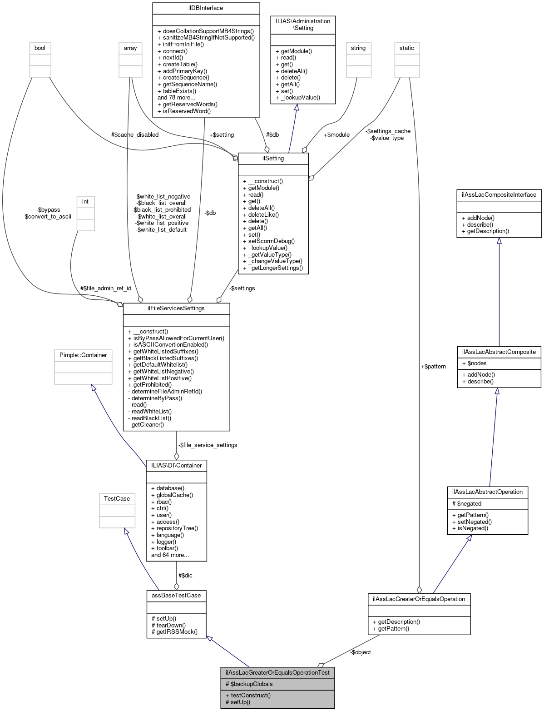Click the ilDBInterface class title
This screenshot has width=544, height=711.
206,8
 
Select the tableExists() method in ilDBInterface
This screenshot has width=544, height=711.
177,91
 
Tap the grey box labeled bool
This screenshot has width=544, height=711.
40,48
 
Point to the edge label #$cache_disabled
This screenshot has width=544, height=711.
135,134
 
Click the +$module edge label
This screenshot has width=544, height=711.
336,134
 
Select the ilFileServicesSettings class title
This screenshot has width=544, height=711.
176,308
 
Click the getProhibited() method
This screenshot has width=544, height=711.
149,384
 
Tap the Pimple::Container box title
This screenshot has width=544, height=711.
83,355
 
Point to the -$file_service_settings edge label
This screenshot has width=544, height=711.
208,445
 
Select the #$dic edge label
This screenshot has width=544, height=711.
185,575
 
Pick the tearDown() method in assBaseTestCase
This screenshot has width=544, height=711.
168,625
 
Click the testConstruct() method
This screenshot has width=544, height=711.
248,695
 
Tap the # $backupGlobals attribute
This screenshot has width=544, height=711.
249,684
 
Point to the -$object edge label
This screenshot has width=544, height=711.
361,652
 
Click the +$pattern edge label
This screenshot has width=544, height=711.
433,366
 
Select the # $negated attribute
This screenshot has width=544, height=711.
467,503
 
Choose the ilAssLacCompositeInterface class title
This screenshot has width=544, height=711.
499,195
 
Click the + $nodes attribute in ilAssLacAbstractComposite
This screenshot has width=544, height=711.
474,363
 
